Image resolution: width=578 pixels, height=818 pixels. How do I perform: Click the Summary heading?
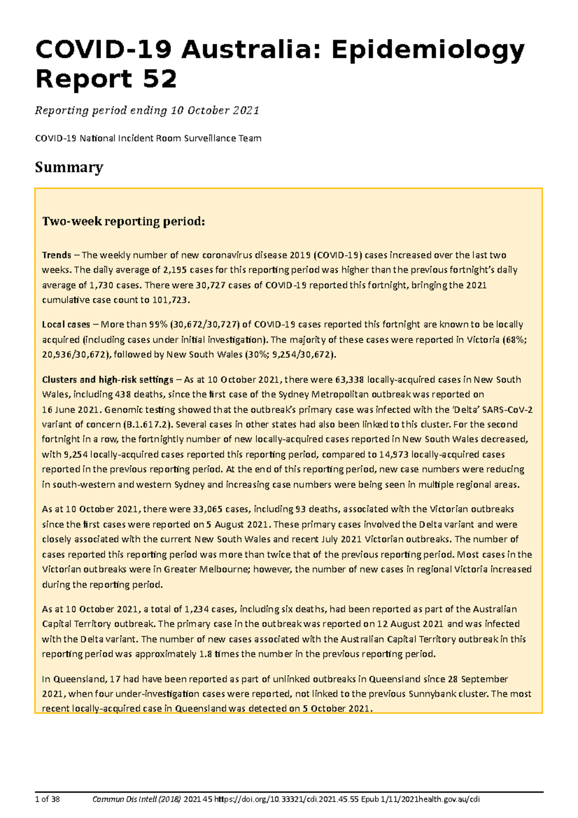tap(69, 167)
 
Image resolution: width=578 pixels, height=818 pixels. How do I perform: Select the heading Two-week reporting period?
tap(124, 222)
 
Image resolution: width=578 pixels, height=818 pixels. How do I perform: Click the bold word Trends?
tap(56, 255)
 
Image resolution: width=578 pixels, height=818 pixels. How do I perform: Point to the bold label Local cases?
tap(66, 324)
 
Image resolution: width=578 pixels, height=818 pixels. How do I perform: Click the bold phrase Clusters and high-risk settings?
tap(107, 380)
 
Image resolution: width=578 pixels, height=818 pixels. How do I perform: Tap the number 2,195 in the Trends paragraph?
tap(176, 270)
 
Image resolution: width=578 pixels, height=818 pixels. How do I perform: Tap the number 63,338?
tap(349, 380)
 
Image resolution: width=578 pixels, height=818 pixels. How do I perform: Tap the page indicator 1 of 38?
tap(47, 799)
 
